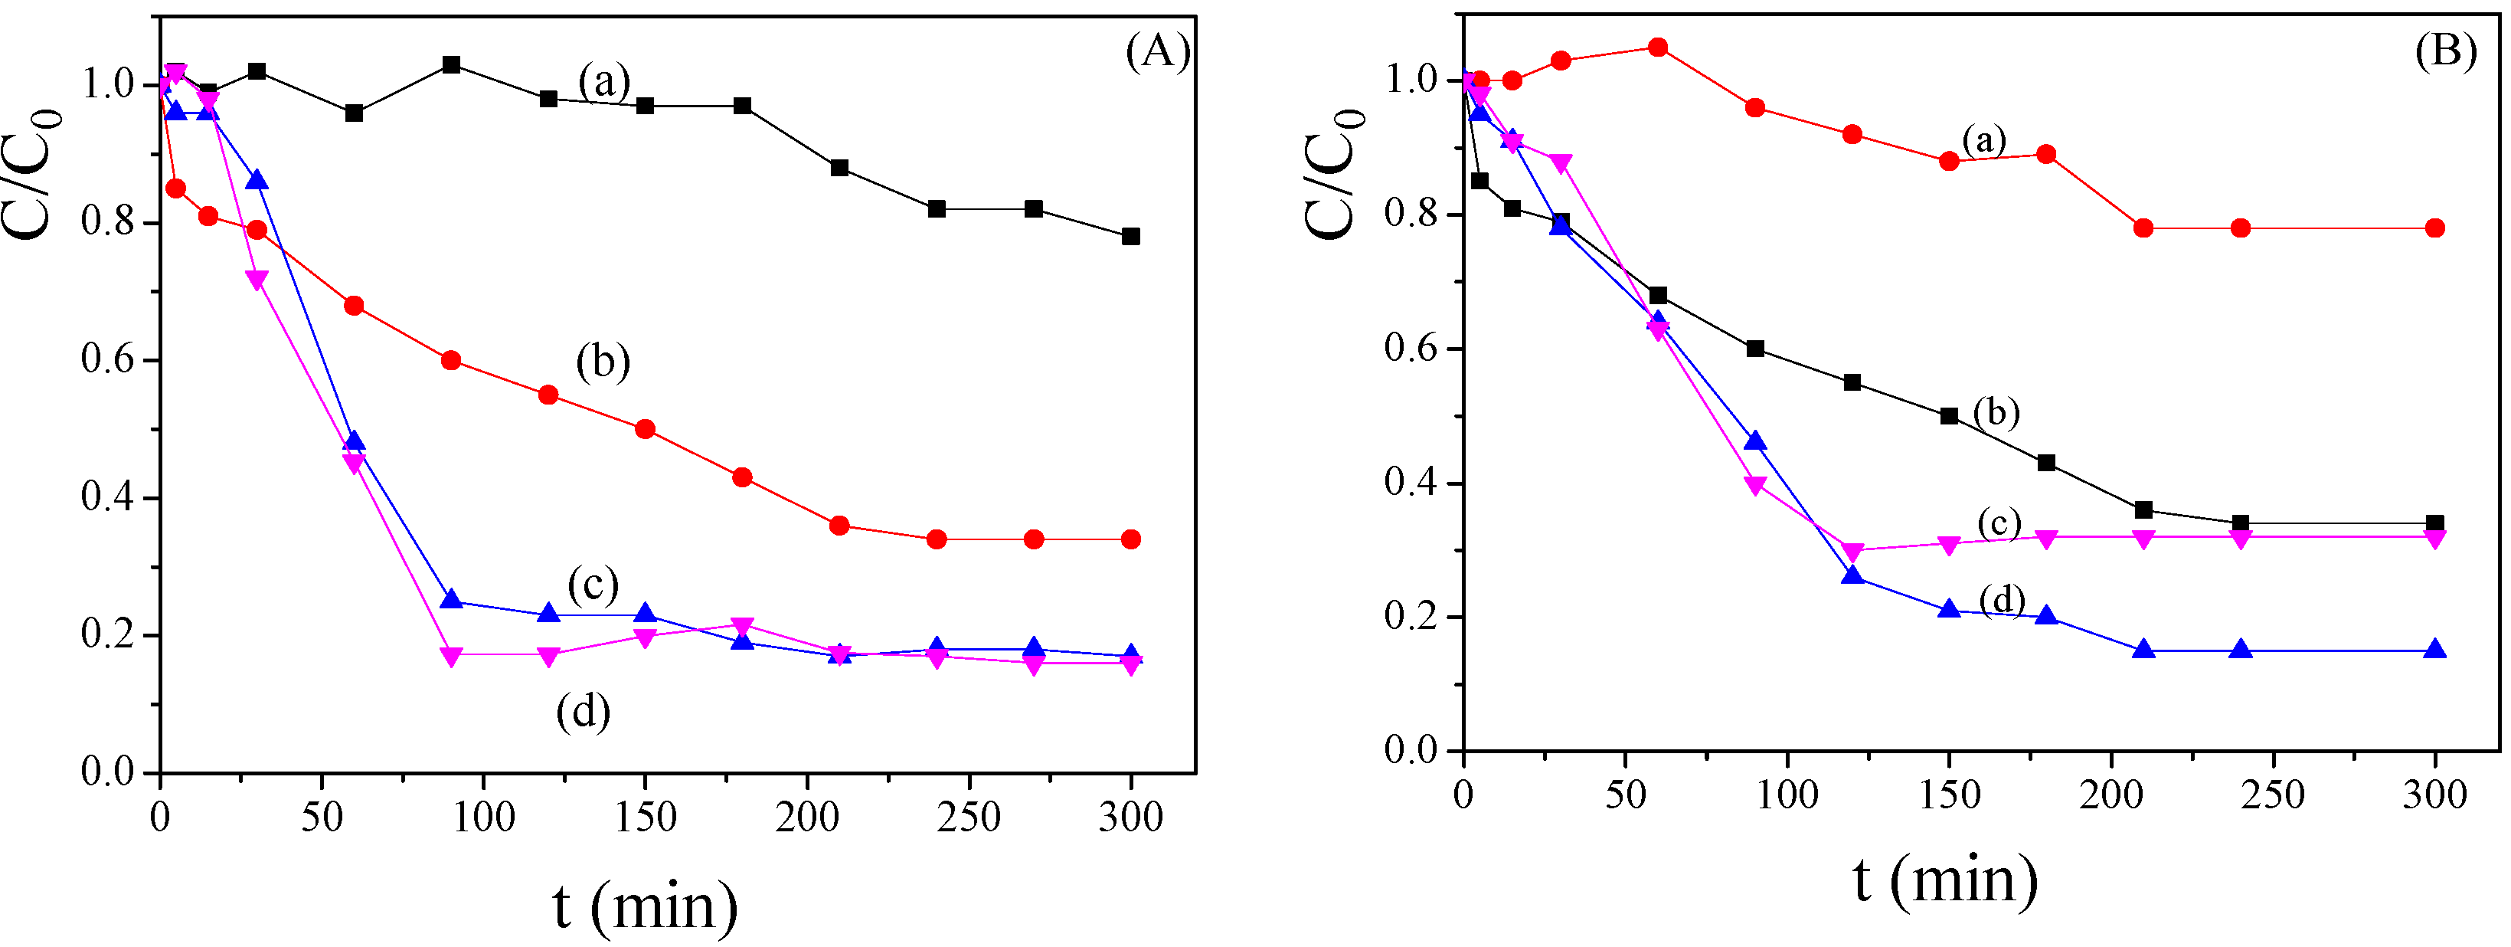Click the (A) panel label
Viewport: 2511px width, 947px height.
[x=1157, y=51]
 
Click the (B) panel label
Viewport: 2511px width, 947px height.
[x=2444, y=51]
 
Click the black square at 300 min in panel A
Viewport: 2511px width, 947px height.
[x=1131, y=237]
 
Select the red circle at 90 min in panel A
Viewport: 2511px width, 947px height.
[x=450, y=361]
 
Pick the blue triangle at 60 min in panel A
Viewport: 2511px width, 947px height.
[x=354, y=442]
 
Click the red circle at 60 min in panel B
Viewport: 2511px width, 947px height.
[x=1657, y=47]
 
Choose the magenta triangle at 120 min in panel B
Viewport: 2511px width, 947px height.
[x=1852, y=552]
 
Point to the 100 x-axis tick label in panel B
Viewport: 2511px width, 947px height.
[x=1786, y=795]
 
